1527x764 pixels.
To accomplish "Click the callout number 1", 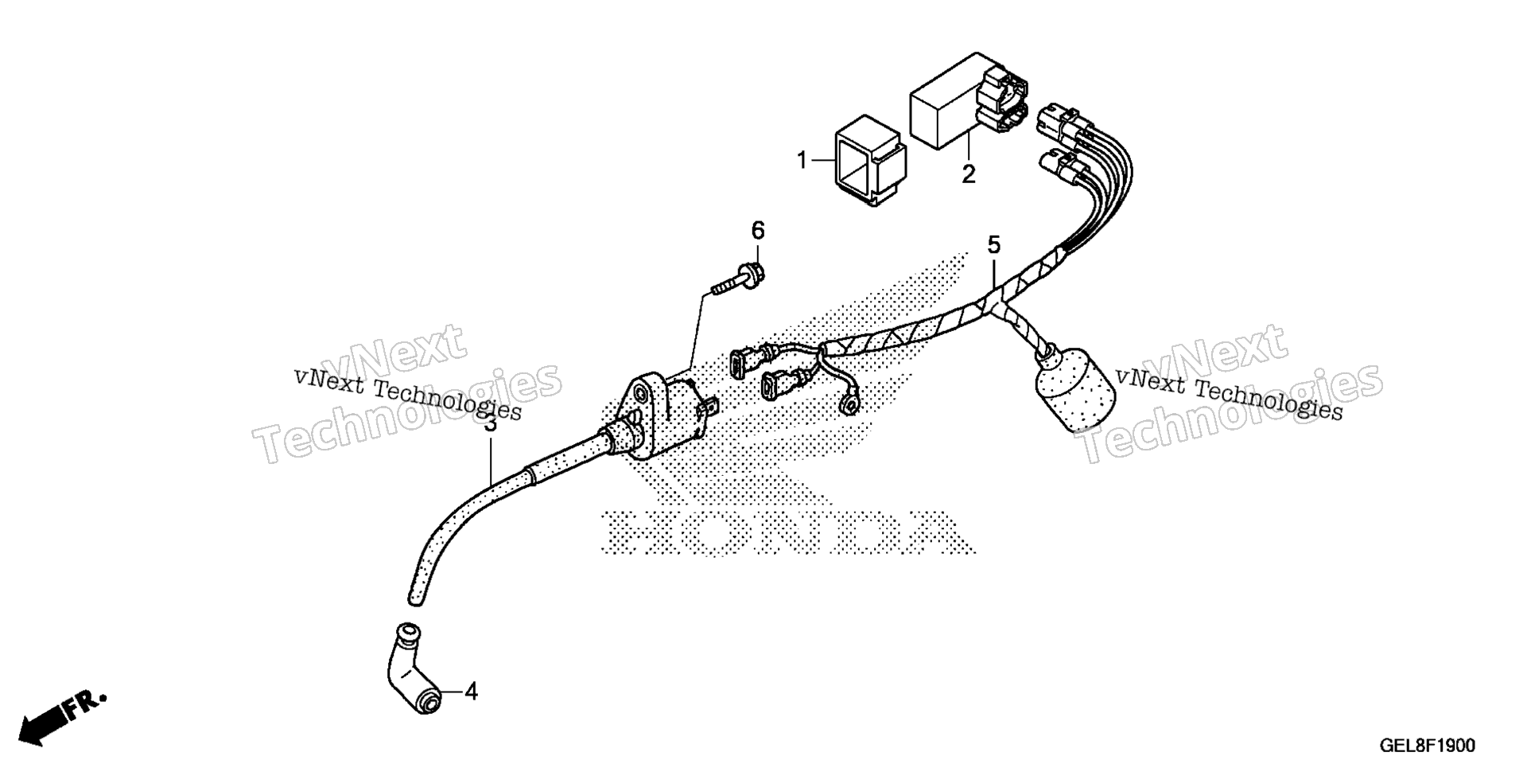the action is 802,162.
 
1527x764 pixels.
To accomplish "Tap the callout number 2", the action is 968,173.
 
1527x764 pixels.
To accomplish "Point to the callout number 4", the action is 472,692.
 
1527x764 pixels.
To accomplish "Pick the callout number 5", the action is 994,245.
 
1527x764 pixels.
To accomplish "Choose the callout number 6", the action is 758,231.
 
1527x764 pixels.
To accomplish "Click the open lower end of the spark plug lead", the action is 416,596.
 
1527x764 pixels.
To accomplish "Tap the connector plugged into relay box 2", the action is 1003,99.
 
